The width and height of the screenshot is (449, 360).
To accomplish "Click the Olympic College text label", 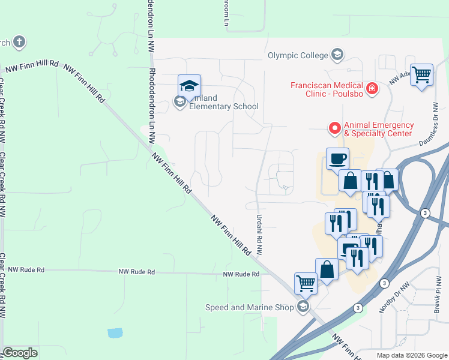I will pyautogui.click(x=298, y=56).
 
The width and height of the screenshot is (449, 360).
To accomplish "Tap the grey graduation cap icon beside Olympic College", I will pyautogui.click(x=337, y=56).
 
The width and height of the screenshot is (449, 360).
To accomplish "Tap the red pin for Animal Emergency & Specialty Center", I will pyautogui.click(x=335, y=128).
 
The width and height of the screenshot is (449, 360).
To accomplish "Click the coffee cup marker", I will pyautogui.click(x=337, y=159).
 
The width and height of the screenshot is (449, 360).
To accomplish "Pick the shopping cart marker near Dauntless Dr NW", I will pyautogui.click(x=421, y=75).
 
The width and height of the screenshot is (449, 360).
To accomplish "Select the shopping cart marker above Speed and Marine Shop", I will pyautogui.click(x=306, y=283).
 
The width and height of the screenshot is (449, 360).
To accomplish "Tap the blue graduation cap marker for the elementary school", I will pyautogui.click(x=189, y=85).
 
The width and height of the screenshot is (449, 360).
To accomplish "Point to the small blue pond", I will pyautogui.click(x=115, y=332).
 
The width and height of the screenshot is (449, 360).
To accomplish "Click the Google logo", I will pyautogui.click(x=20, y=353).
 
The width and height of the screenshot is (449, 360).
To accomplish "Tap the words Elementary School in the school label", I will pyautogui.click(x=224, y=107).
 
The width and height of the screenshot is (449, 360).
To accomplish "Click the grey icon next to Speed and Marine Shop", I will pyautogui.click(x=304, y=307).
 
